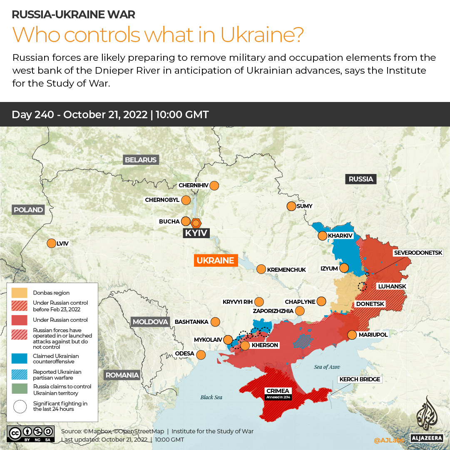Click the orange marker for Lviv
(x=52, y=244)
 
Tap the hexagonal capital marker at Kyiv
(x=196, y=222)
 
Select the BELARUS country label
(x=141, y=160)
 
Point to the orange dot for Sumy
(x=291, y=206)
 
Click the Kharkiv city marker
(x=322, y=236)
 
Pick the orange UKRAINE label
(x=215, y=261)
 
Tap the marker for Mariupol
(x=352, y=335)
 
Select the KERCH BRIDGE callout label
(x=360, y=379)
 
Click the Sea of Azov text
(x=327, y=367)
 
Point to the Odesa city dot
(x=201, y=355)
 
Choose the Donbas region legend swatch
(x=20, y=293)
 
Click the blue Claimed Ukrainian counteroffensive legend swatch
(x=20, y=358)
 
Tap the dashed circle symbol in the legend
(x=20, y=406)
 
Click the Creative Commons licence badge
(x=30, y=433)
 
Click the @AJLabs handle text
(x=389, y=440)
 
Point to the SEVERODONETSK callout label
(x=421, y=253)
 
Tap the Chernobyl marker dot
(x=186, y=200)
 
